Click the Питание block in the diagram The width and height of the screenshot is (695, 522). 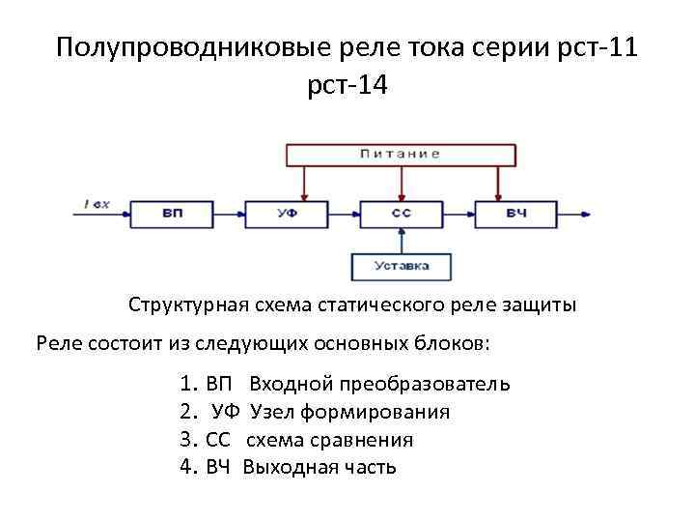point(401,153)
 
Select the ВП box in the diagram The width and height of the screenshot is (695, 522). point(171,212)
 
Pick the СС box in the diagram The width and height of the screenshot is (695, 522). point(402,212)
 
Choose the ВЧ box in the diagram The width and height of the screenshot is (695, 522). point(516,212)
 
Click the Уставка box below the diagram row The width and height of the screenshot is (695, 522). point(402,265)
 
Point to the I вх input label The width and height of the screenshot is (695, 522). point(97,203)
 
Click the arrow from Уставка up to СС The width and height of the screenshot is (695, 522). point(402,240)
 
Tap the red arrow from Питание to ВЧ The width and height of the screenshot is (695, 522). point(498,182)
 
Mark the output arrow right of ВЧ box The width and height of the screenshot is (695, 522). point(577,213)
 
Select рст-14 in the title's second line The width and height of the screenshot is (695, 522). point(347,86)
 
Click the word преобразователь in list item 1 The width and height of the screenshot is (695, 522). point(429,384)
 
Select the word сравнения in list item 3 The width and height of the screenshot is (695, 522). point(362,440)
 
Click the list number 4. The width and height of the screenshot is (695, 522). point(186,468)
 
